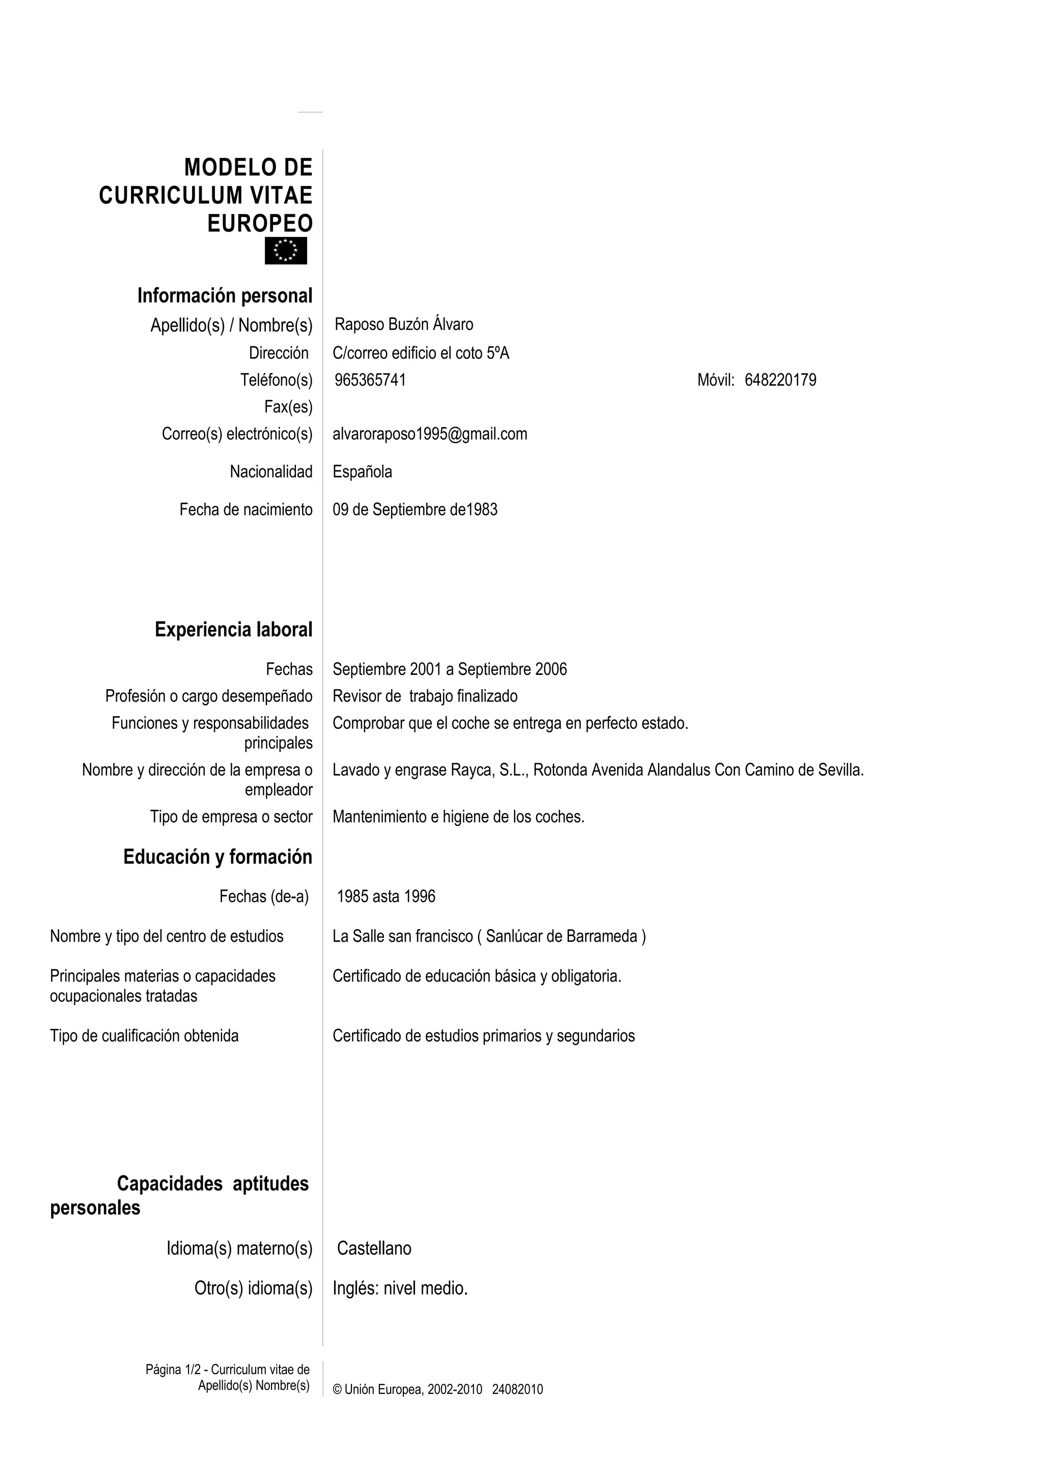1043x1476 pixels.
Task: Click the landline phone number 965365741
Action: [370, 380]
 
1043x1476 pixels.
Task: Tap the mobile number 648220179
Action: [780, 380]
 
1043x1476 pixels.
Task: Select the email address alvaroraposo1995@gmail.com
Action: [429, 434]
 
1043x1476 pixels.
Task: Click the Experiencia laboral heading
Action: [233, 630]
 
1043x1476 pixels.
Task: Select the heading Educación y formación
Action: [217, 857]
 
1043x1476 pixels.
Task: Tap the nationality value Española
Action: [362, 472]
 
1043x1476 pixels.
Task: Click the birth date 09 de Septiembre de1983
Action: [415, 510]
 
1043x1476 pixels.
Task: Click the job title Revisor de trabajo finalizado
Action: [425, 696]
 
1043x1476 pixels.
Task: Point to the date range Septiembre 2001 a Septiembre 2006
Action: [449, 669]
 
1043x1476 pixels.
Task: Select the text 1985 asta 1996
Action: [386, 897]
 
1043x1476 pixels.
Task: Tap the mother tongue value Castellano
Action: [374, 1248]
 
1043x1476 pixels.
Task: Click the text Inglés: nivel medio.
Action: [400, 1288]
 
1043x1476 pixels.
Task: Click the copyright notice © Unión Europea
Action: [407, 1389]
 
